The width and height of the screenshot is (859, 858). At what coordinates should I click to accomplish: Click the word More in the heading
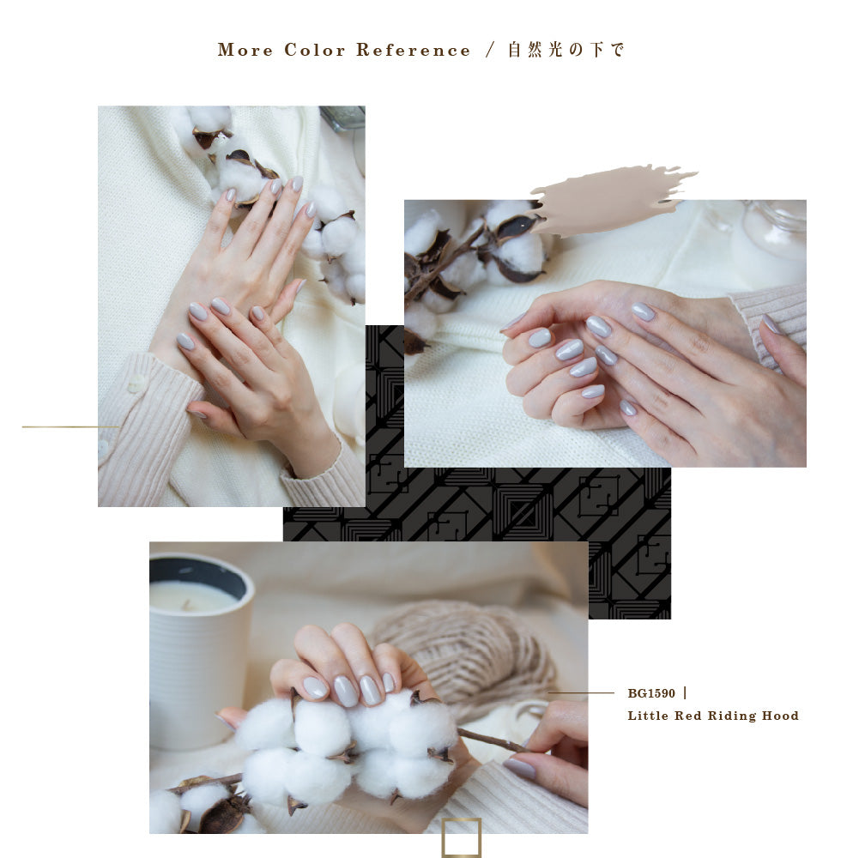tap(245, 50)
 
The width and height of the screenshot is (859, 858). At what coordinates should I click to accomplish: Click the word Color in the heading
tap(314, 50)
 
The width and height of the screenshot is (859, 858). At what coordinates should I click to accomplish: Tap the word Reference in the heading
tap(413, 50)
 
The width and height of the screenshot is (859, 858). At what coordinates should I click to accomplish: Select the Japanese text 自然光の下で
tap(566, 50)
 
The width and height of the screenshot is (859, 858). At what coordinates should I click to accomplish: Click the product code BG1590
tap(651, 693)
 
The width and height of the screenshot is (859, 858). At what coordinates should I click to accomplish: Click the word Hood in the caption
tap(781, 716)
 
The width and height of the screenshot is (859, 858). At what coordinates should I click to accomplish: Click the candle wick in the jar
tap(187, 604)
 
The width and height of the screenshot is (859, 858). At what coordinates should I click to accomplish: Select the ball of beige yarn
tap(466, 652)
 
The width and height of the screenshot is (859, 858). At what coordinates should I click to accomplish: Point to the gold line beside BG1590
tap(581, 692)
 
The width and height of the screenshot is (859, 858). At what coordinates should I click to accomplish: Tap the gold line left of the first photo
tap(70, 426)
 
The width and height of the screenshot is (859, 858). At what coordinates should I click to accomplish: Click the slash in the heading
tap(490, 50)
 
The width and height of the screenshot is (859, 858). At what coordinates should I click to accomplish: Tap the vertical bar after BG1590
tap(685, 693)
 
